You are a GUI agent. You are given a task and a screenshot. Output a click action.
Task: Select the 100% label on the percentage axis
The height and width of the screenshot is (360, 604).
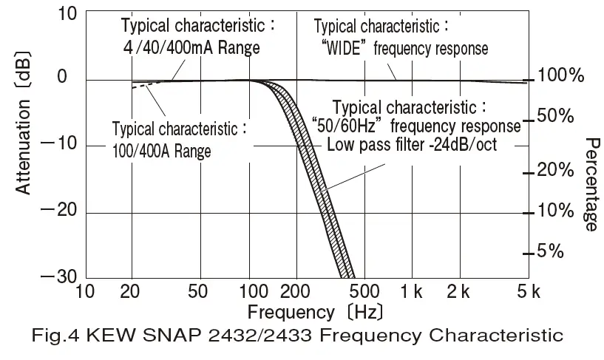[562, 75]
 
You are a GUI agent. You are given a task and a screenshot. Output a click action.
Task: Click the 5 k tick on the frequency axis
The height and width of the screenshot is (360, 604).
[523, 291]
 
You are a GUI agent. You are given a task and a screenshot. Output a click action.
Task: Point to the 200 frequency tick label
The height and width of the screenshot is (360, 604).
[295, 291]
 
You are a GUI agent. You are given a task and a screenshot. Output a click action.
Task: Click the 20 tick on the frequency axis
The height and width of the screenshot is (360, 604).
[132, 291]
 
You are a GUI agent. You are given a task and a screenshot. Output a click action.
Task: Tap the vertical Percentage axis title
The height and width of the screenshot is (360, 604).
[591, 184]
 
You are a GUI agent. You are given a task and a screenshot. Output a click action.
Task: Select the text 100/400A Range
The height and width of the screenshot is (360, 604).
[162, 152]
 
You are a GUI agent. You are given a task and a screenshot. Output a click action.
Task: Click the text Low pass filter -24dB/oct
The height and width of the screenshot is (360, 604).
[412, 145]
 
